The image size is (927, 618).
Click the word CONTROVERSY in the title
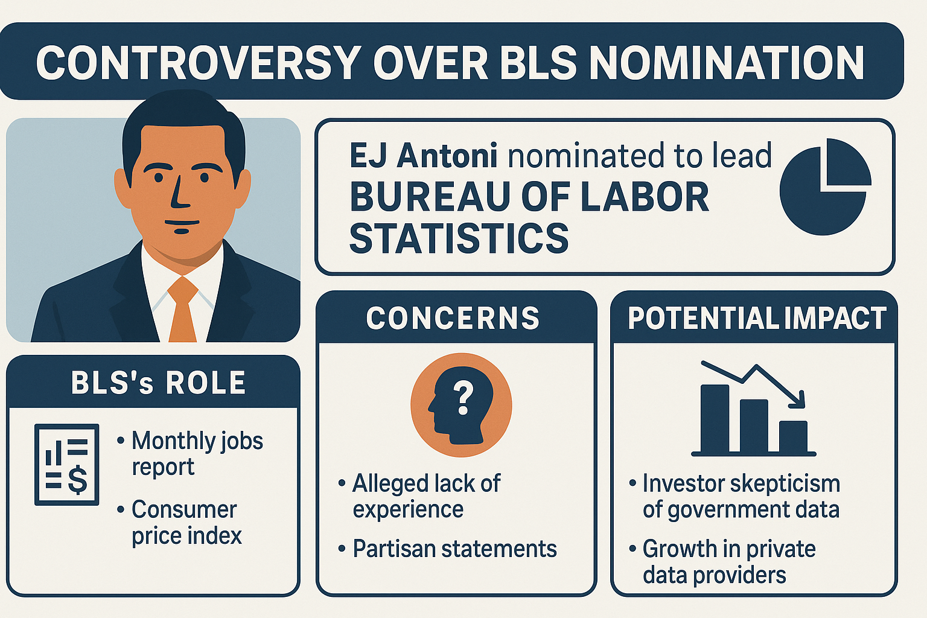[x=197, y=63]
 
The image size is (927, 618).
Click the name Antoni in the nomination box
[x=447, y=155]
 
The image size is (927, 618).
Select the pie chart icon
[x=825, y=186]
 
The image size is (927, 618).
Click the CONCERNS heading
[x=453, y=318]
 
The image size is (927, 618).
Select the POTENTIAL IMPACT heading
[x=757, y=318]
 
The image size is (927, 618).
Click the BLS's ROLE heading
[x=159, y=382]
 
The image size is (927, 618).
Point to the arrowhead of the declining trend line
[x=797, y=400]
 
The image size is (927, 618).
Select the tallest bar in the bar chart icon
[x=715, y=418]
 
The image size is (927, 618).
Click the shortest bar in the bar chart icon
[x=794, y=437]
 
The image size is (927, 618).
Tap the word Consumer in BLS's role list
[x=184, y=509]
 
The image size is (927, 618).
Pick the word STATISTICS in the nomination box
[x=459, y=238]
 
